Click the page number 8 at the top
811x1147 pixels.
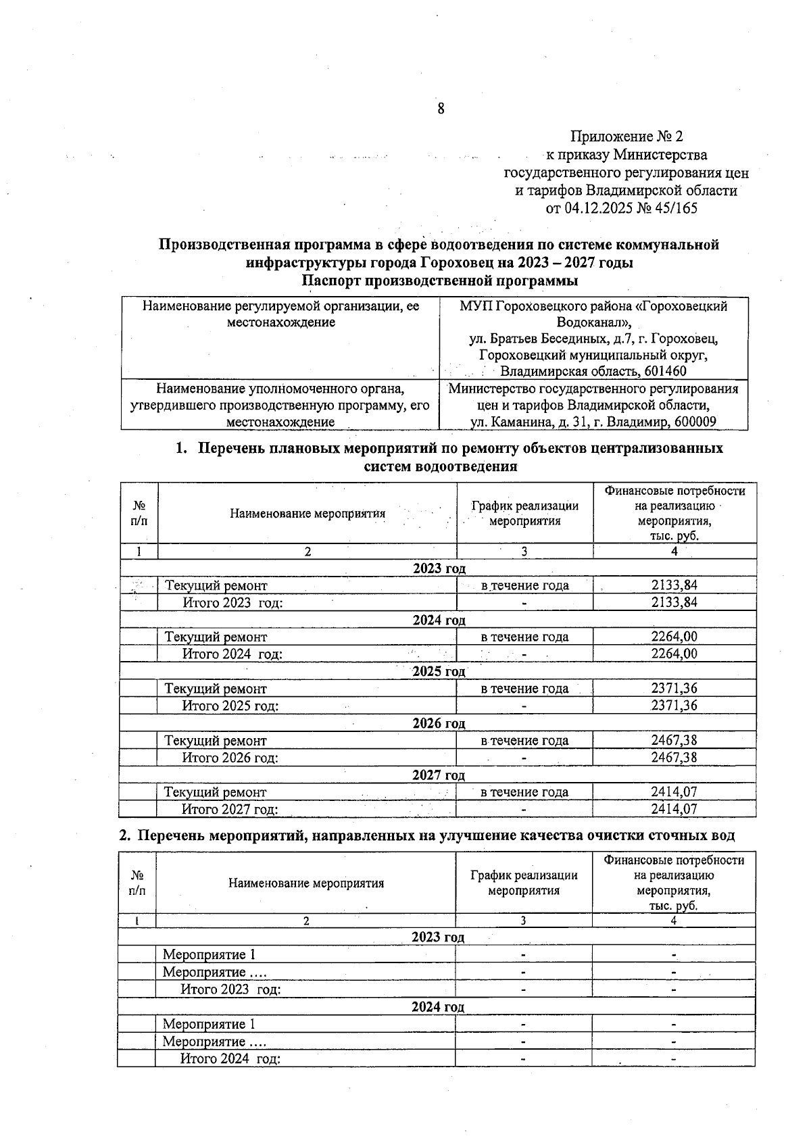point(441,109)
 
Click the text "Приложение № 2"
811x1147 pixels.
point(622,137)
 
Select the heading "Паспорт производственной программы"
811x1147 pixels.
point(439,280)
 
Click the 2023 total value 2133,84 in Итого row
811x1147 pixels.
point(674,602)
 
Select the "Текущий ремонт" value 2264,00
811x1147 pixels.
point(674,637)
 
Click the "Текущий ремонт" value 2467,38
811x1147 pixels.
point(674,740)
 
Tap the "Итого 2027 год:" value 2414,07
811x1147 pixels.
point(674,809)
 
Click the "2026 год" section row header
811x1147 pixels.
point(439,723)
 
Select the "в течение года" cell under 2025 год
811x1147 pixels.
point(524,689)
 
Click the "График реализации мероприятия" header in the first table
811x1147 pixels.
point(524,513)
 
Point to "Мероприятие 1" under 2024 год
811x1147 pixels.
point(210,1025)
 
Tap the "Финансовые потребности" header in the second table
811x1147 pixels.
point(674,860)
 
